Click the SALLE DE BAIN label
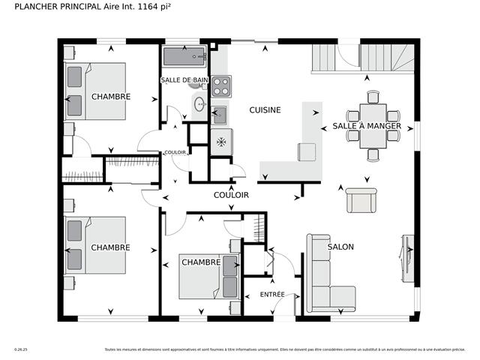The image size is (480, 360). pos(183,79)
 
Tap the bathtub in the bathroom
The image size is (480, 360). pos(184,57)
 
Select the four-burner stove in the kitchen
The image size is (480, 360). pos(220,86)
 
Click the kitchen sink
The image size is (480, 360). pos(220,115)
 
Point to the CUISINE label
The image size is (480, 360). pos(265,110)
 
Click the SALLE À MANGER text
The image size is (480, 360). pos(367,126)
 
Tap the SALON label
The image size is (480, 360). pos(340,247)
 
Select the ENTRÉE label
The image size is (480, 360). pos(272,295)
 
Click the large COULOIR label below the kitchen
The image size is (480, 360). pos(231,195)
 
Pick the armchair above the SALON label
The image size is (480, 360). pos(361,200)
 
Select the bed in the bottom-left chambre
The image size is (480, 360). pos(96,244)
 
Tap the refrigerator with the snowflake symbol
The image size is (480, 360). pos(221,142)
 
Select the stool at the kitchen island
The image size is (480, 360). pos(307,151)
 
